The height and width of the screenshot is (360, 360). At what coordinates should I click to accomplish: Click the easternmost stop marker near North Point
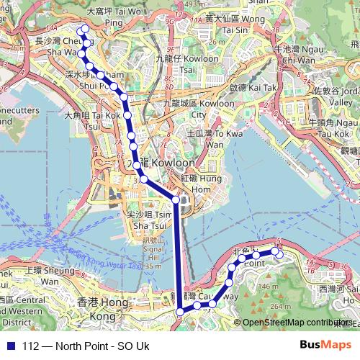click(x=279, y=254)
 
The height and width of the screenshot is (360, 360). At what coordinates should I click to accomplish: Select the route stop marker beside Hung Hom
click(x=176, y=199)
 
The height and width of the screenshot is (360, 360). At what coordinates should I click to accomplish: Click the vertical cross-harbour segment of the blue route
click(x=178, y=252)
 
